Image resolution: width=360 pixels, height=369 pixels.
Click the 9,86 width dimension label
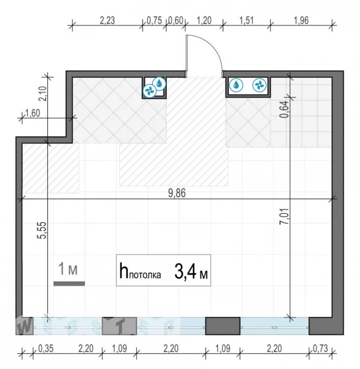(x=177, y=193)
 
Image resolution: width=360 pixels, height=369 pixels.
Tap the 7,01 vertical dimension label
(x=284, y=217)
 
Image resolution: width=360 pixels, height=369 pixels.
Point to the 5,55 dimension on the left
(x=42, y=231)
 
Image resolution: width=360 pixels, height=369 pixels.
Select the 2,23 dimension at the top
(x=108, y=21)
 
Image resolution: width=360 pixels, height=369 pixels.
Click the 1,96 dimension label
(x=301, y=21)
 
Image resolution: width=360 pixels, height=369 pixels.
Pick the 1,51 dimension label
(x=247, y=21)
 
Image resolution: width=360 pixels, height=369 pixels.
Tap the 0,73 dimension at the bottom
(x=320, y=348)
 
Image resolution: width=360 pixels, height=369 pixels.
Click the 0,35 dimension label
(x=46, y=348)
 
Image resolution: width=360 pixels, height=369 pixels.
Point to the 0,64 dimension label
(x=284, y=109)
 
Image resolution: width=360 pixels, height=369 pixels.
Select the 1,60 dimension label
(x=33, y=113)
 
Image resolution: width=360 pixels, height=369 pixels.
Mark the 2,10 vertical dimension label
(x=43, y=94)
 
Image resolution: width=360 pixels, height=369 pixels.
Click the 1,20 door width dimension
(x=204, y=21)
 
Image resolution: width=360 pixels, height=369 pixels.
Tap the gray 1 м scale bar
(x=69, y=284)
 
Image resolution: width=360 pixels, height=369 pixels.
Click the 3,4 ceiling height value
(x=185, y=272)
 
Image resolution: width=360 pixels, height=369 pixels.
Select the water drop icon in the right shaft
(x=236, y=85)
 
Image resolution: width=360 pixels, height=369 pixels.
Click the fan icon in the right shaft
(x=260, y=85)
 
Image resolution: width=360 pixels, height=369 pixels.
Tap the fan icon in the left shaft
(x=150, y=91)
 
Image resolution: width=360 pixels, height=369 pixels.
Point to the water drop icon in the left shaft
(x=160, y=84)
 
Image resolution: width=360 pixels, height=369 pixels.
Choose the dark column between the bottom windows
(x=223, y=326)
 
